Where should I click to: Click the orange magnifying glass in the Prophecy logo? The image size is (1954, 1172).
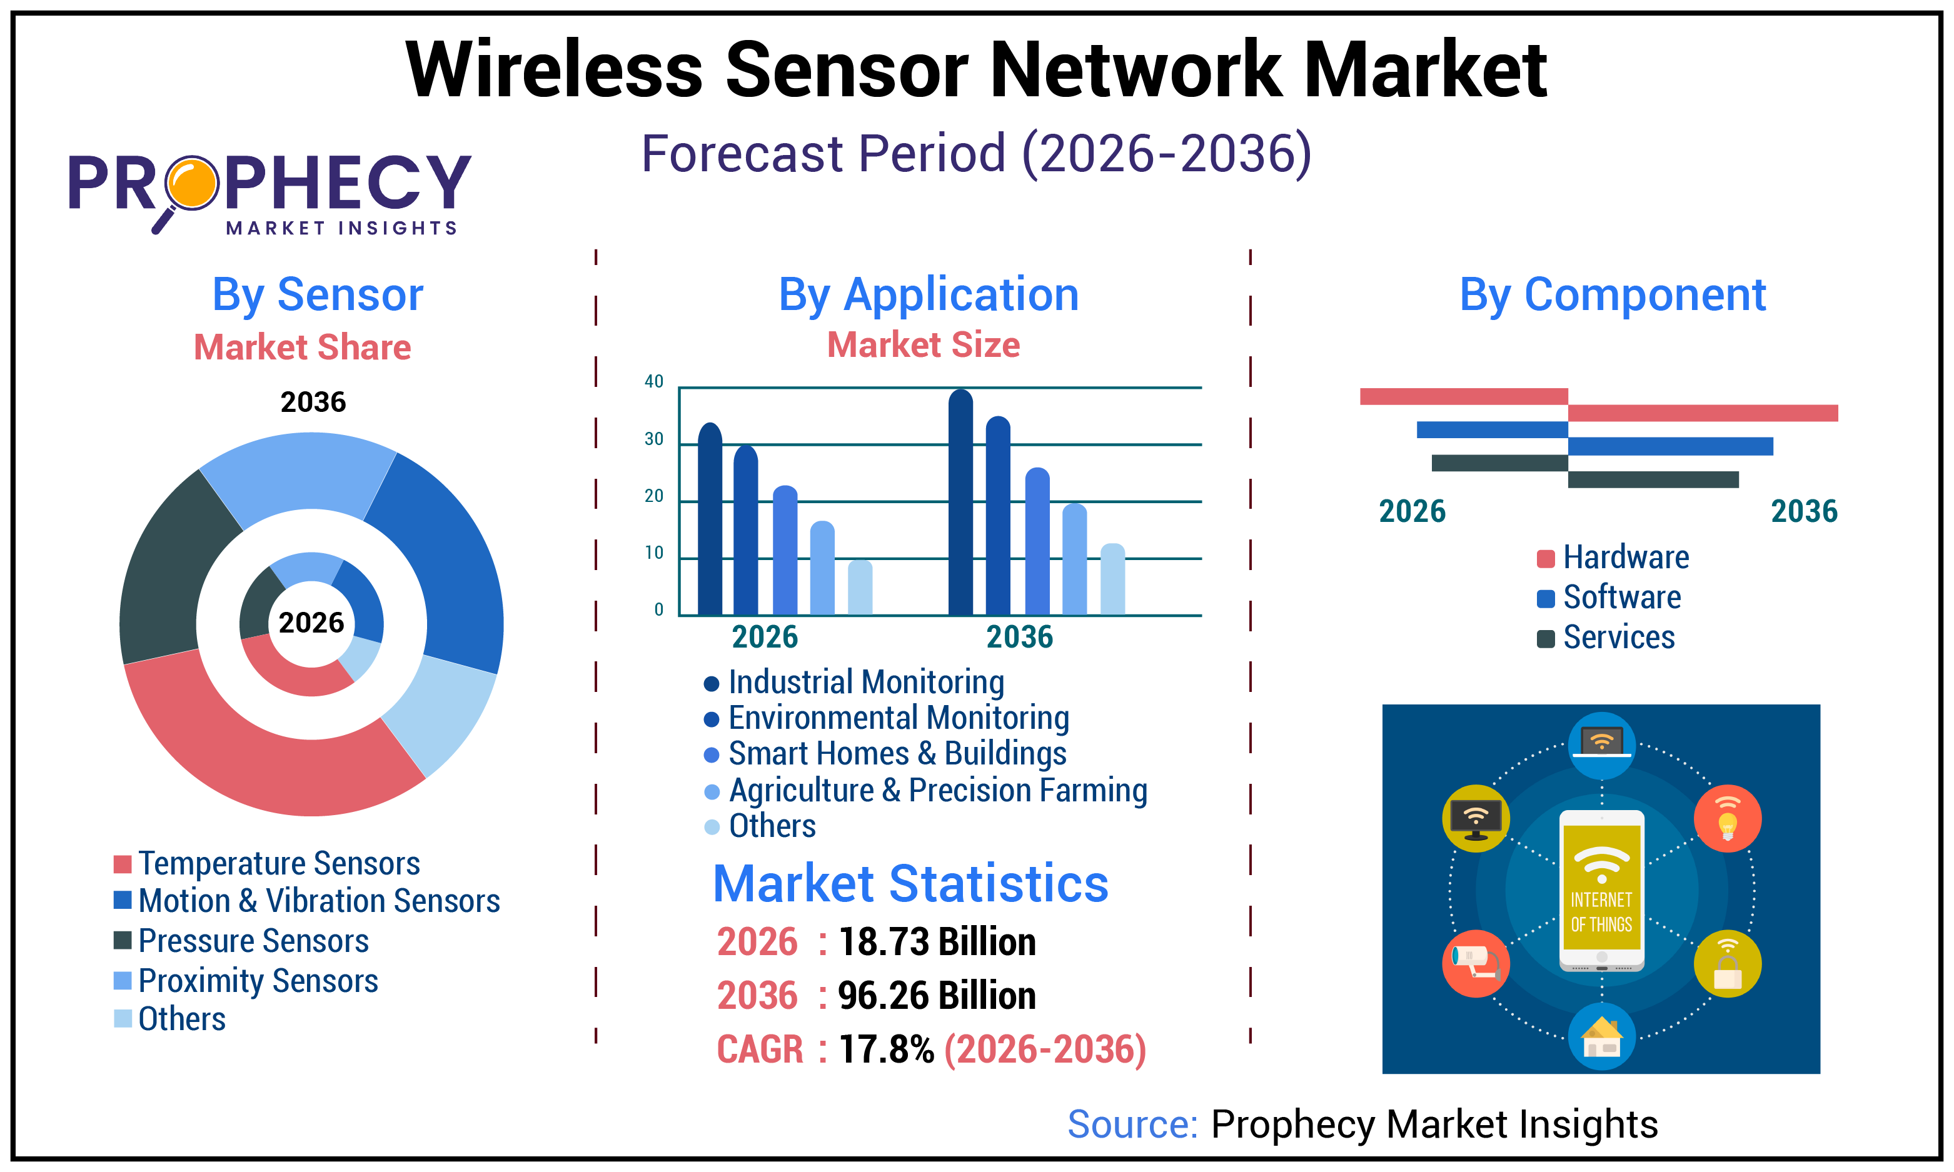point(191,183)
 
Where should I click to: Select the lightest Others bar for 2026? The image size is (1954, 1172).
point(860,588)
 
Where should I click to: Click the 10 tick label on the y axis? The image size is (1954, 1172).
point(654,553)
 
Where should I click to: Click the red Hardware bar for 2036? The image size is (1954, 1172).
point(1702,413)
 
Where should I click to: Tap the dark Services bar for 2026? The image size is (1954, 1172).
point(1499,463)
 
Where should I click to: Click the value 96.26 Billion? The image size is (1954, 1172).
point(936,995)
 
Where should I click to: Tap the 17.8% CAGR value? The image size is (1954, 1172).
point(885,1049)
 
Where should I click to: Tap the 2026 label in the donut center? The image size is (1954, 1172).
point(311,623)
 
